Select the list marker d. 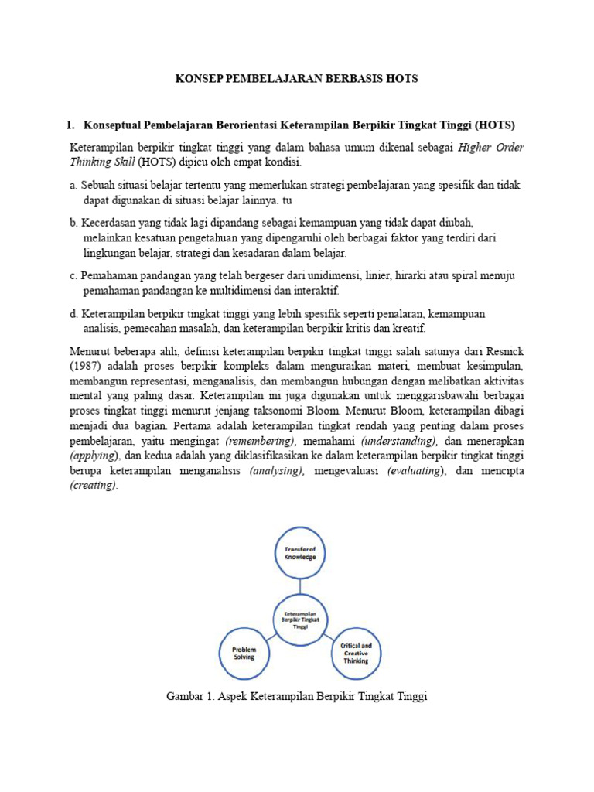click(x=73, y=313)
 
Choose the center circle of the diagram click(x=300, y=618)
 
